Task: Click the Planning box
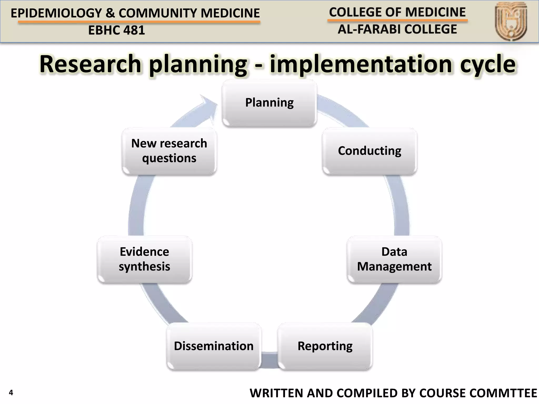[x=269, y=103]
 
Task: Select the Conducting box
[x=370, y=151]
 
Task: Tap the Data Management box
[x=394, y=259]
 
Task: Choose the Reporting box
[x=325, y=346]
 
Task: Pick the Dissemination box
[x=214, y=346]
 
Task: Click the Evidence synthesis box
[x=144, y=259]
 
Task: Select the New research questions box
[x=169, y=151]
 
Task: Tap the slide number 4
[x=11, y=393]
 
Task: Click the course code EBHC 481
[x=117, y=30]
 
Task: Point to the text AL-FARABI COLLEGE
[x=397, y=29]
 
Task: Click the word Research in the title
[x=91, y=64]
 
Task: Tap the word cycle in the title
[x=488, y=64]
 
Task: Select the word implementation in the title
[x=361, y=64]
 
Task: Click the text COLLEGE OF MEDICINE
[x=397, y=12]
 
